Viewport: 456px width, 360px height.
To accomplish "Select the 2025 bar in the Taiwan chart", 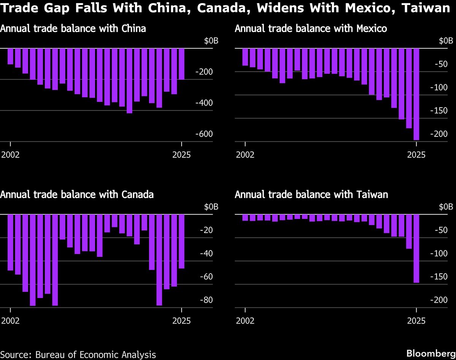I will (x=416, y=249).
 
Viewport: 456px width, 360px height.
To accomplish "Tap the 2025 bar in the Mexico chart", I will (x=416, y=94).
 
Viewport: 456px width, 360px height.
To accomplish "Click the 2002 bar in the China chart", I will (x=10, y=56).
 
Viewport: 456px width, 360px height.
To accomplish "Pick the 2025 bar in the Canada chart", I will (x=181, y=241).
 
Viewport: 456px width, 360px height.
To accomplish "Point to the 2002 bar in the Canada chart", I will (x=10, y=243).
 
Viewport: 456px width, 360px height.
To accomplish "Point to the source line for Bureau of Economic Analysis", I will (x=78, y=354).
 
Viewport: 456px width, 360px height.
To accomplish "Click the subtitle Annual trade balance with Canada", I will (x=77, y=195).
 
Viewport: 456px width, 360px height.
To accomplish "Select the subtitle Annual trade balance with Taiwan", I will (x=311, y=195).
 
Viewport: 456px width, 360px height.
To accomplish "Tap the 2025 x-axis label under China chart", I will (x=181, y=155).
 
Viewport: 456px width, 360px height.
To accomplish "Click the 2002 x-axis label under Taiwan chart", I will (x=245, y=321).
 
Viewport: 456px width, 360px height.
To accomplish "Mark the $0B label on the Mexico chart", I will (x=446, y=41).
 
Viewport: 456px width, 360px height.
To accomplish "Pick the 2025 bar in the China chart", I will (x=181, y=64).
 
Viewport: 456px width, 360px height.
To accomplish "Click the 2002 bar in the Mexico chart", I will (x=245, y=57).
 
